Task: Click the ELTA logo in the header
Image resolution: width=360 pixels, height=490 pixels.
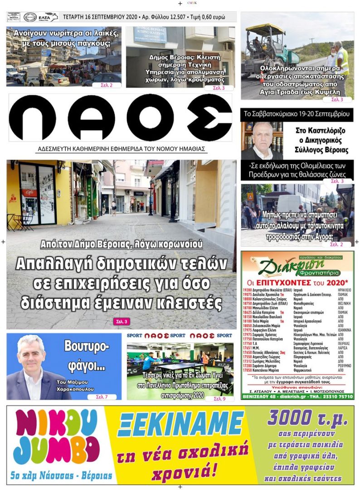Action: (48, 17)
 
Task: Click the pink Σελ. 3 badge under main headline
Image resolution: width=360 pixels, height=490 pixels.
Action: (121, 322)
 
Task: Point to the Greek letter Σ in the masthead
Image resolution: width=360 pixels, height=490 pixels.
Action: (209, 118)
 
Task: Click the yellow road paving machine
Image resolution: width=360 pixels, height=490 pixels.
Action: (268, 42)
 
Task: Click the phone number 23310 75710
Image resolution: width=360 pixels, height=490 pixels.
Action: (339, 396)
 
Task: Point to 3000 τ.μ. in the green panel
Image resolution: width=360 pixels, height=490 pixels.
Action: (307, 417)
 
